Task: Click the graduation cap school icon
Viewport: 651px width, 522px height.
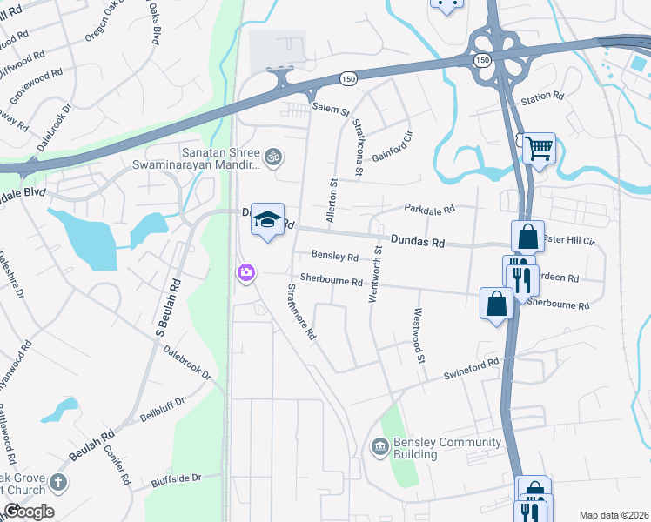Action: [x=268, y=219]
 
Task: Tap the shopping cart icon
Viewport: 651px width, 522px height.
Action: [x=539, y=149]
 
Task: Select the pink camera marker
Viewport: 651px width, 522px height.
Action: [x=246, y=274]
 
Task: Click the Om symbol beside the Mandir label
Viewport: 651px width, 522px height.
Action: [x=272, y=157]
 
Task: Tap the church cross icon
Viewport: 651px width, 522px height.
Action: [x=57, y=482]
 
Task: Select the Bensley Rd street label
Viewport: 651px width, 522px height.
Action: [x=335, y=258]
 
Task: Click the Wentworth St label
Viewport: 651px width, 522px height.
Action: [x=377, y=273]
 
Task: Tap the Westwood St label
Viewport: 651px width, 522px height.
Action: [x=419, y=336]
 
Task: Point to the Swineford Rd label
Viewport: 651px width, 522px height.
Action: [x=471, y=366]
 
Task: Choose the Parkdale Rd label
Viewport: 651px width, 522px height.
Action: [x=429, y=210]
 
